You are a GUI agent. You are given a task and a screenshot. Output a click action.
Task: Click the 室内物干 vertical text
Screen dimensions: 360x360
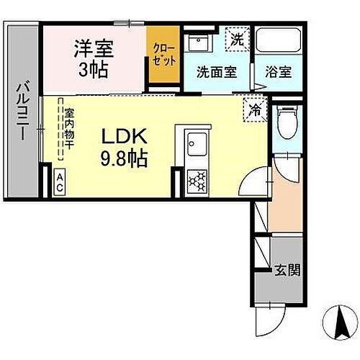[70, 128]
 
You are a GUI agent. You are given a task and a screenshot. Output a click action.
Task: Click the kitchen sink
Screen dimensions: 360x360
[195, 148]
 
